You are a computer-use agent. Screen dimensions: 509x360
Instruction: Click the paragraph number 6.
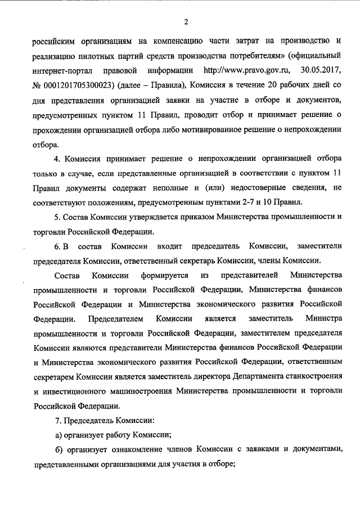pyautogui.click(x=57, y=246)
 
